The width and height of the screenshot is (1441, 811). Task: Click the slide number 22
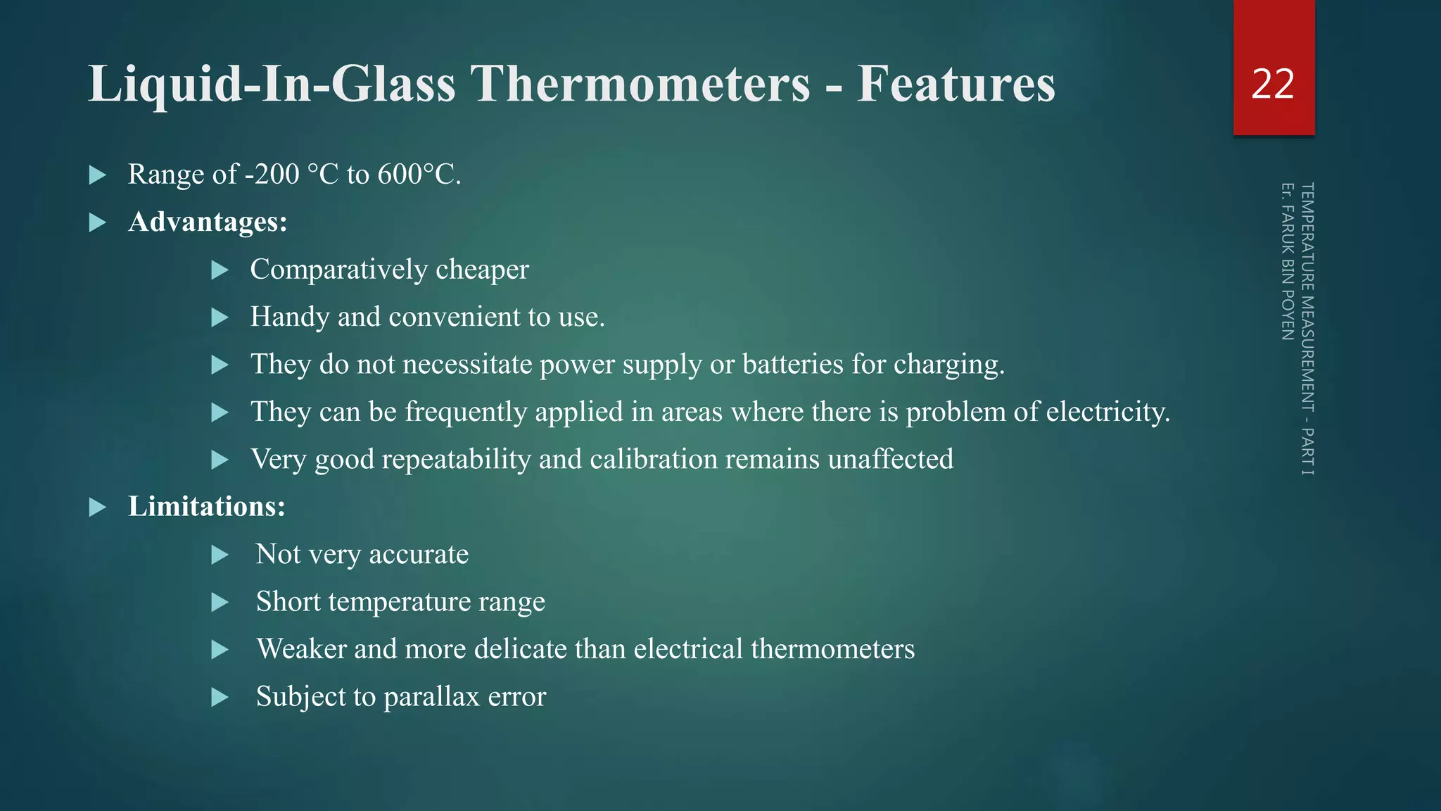[x=1273, y=84]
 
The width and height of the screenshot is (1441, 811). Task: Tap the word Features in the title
[x=956, y=84]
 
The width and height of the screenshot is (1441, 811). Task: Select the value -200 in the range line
[x=272, y=175]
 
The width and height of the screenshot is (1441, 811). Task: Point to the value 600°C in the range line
[x=419, y=175]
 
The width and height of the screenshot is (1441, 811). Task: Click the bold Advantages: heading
[x=208, y=222]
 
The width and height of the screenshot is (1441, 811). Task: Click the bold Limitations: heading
[x=206, y=507]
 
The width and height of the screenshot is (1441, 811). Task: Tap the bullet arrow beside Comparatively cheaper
[x=220, y=270]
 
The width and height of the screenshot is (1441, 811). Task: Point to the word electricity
[x=1108, y=412]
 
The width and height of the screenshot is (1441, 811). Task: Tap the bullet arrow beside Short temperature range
[x=220, y=602]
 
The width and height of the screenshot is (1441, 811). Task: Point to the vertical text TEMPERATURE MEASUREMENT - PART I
[x=1307, y=329]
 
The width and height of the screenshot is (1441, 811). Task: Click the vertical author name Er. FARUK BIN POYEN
[x=1288, y=261]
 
